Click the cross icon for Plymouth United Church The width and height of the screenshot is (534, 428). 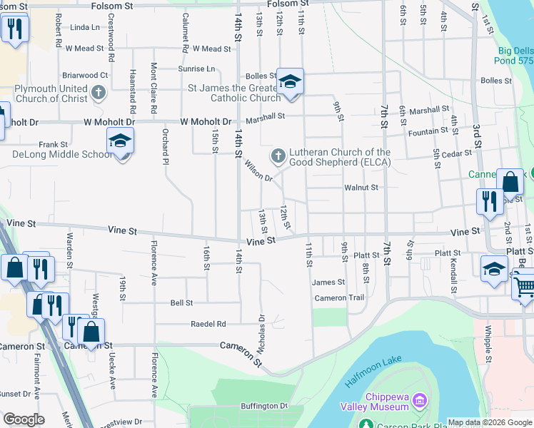pos(99,92)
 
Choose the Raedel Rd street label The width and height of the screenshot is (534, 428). pos(208,324)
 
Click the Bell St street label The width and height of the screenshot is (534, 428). pos(181,303)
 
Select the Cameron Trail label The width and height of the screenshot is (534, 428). pos(340,298)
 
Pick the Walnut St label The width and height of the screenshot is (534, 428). pos(361,188)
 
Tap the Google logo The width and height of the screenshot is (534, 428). pos(24,419)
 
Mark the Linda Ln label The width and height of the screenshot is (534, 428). pos(86,27)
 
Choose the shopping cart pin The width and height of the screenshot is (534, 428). pos(524,287)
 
